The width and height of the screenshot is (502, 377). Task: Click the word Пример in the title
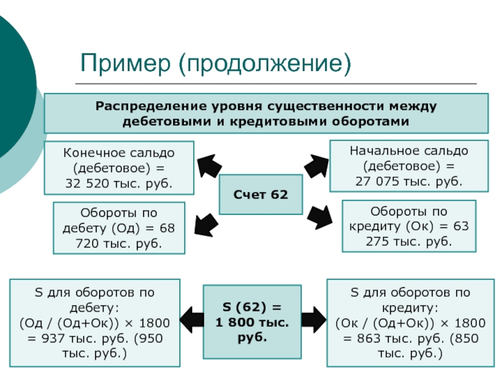point(125,63)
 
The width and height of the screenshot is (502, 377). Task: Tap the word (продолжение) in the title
point(265,63)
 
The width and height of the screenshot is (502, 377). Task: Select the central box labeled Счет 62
point(261,195)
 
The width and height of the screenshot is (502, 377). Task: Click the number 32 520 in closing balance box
point(87,183)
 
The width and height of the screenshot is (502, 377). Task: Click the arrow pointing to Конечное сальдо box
point(209,165)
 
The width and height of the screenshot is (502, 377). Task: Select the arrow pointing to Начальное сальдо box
point(316,165)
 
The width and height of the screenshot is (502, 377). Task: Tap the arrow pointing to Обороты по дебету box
point(207,225)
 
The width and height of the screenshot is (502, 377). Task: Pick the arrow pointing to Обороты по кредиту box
point(319,217)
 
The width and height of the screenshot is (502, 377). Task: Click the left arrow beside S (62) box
point(192,320)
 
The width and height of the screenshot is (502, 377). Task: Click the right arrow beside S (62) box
point(314,320)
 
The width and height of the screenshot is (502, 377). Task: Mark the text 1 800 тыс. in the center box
point(252,322)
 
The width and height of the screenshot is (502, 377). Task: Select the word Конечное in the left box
point(91,153)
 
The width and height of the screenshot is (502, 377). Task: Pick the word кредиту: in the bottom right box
point(410,308)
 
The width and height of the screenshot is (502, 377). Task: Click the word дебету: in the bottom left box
point(94,308)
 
